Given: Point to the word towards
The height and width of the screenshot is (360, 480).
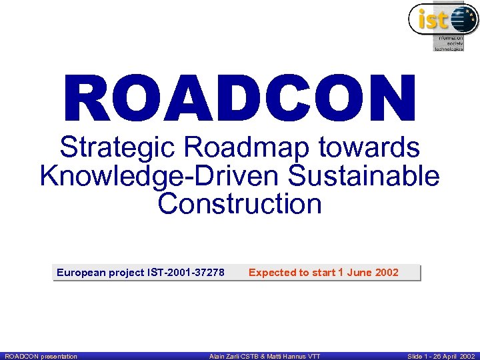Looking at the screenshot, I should click(x=373, y=147).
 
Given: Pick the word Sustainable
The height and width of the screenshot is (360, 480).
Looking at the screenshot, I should click(x=364, y=176).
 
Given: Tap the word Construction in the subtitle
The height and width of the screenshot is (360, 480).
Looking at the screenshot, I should click(x=240, y=204).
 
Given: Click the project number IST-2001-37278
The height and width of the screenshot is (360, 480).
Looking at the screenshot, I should click(x=185, y=272).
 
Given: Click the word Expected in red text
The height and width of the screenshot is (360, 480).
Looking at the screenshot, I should click(x=272, y=272).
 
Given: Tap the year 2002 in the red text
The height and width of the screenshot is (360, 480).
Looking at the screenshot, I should click(x=387, y=272).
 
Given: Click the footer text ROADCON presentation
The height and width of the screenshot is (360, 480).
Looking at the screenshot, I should click(x=41, y=356).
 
